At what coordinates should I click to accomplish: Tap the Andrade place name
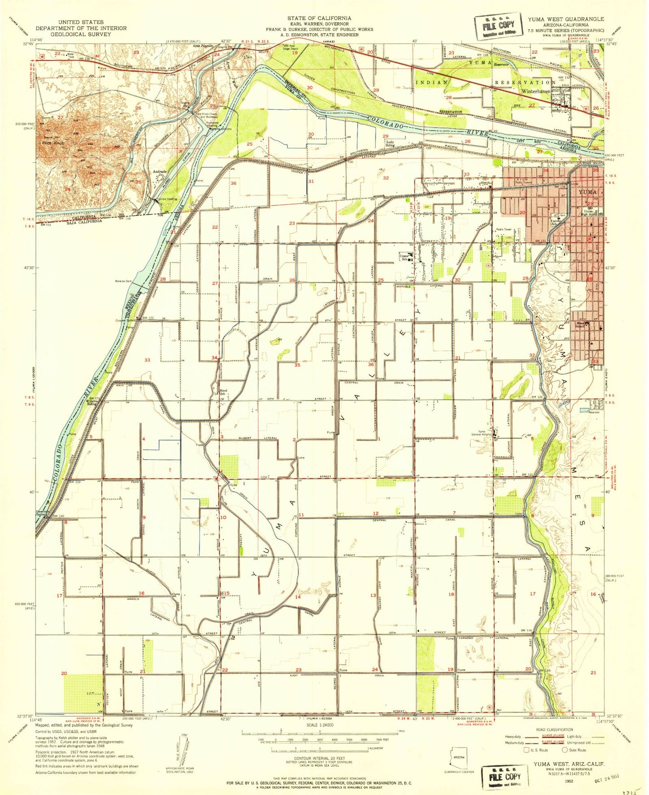point(160,172)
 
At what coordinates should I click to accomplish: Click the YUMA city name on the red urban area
point(588,192)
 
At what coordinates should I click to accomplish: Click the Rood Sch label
point(223,392)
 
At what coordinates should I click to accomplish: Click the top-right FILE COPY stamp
point(498,26)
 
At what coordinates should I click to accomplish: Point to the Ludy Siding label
point(390,143)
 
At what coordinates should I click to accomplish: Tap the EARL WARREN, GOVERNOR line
point(319,23)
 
